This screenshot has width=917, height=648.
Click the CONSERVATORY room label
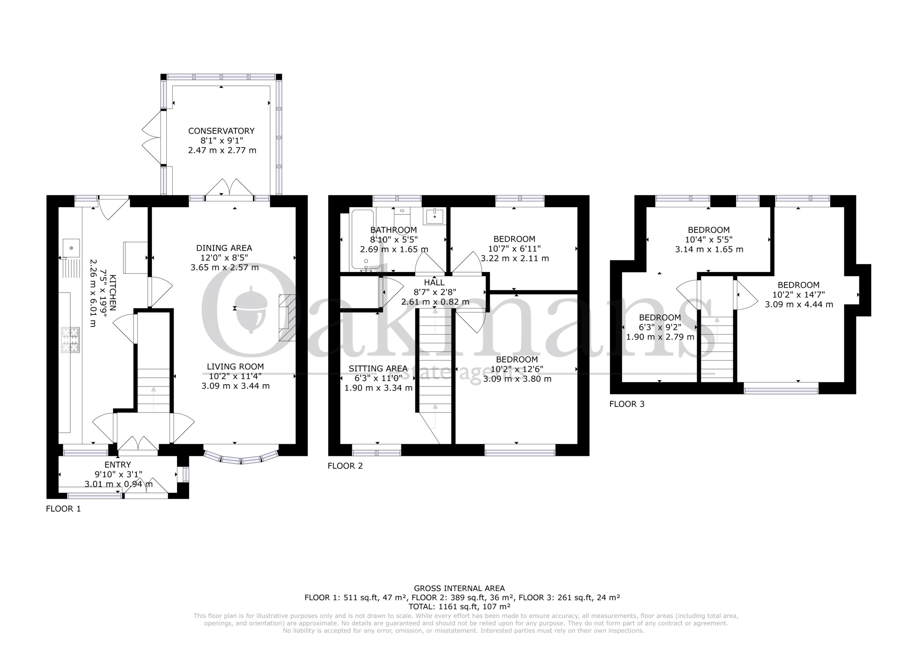(221, 131)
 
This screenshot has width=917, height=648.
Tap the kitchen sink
(71, 248)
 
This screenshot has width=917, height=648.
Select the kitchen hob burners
(70, 340)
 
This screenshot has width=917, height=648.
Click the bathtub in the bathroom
(363, 240)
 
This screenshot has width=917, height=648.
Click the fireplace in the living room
(287, 318)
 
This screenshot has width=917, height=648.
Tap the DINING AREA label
(224, 248)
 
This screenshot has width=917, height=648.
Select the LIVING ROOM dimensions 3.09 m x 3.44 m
(235, 386)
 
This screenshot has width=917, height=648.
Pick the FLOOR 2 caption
(345, 466)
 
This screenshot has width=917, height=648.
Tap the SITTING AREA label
(378, 368)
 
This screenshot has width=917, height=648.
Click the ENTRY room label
(117, 465)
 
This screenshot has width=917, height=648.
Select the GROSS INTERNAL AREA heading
(459, 588)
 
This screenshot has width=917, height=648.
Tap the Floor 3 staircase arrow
(717, 330)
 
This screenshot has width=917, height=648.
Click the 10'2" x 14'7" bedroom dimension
(798, 295)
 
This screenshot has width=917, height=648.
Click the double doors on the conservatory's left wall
(152, 138)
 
